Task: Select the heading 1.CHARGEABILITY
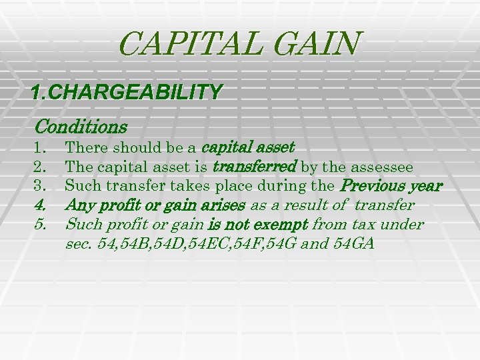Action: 127,92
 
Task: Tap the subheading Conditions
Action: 81,125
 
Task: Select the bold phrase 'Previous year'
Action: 391,185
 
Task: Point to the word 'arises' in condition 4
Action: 225,205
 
